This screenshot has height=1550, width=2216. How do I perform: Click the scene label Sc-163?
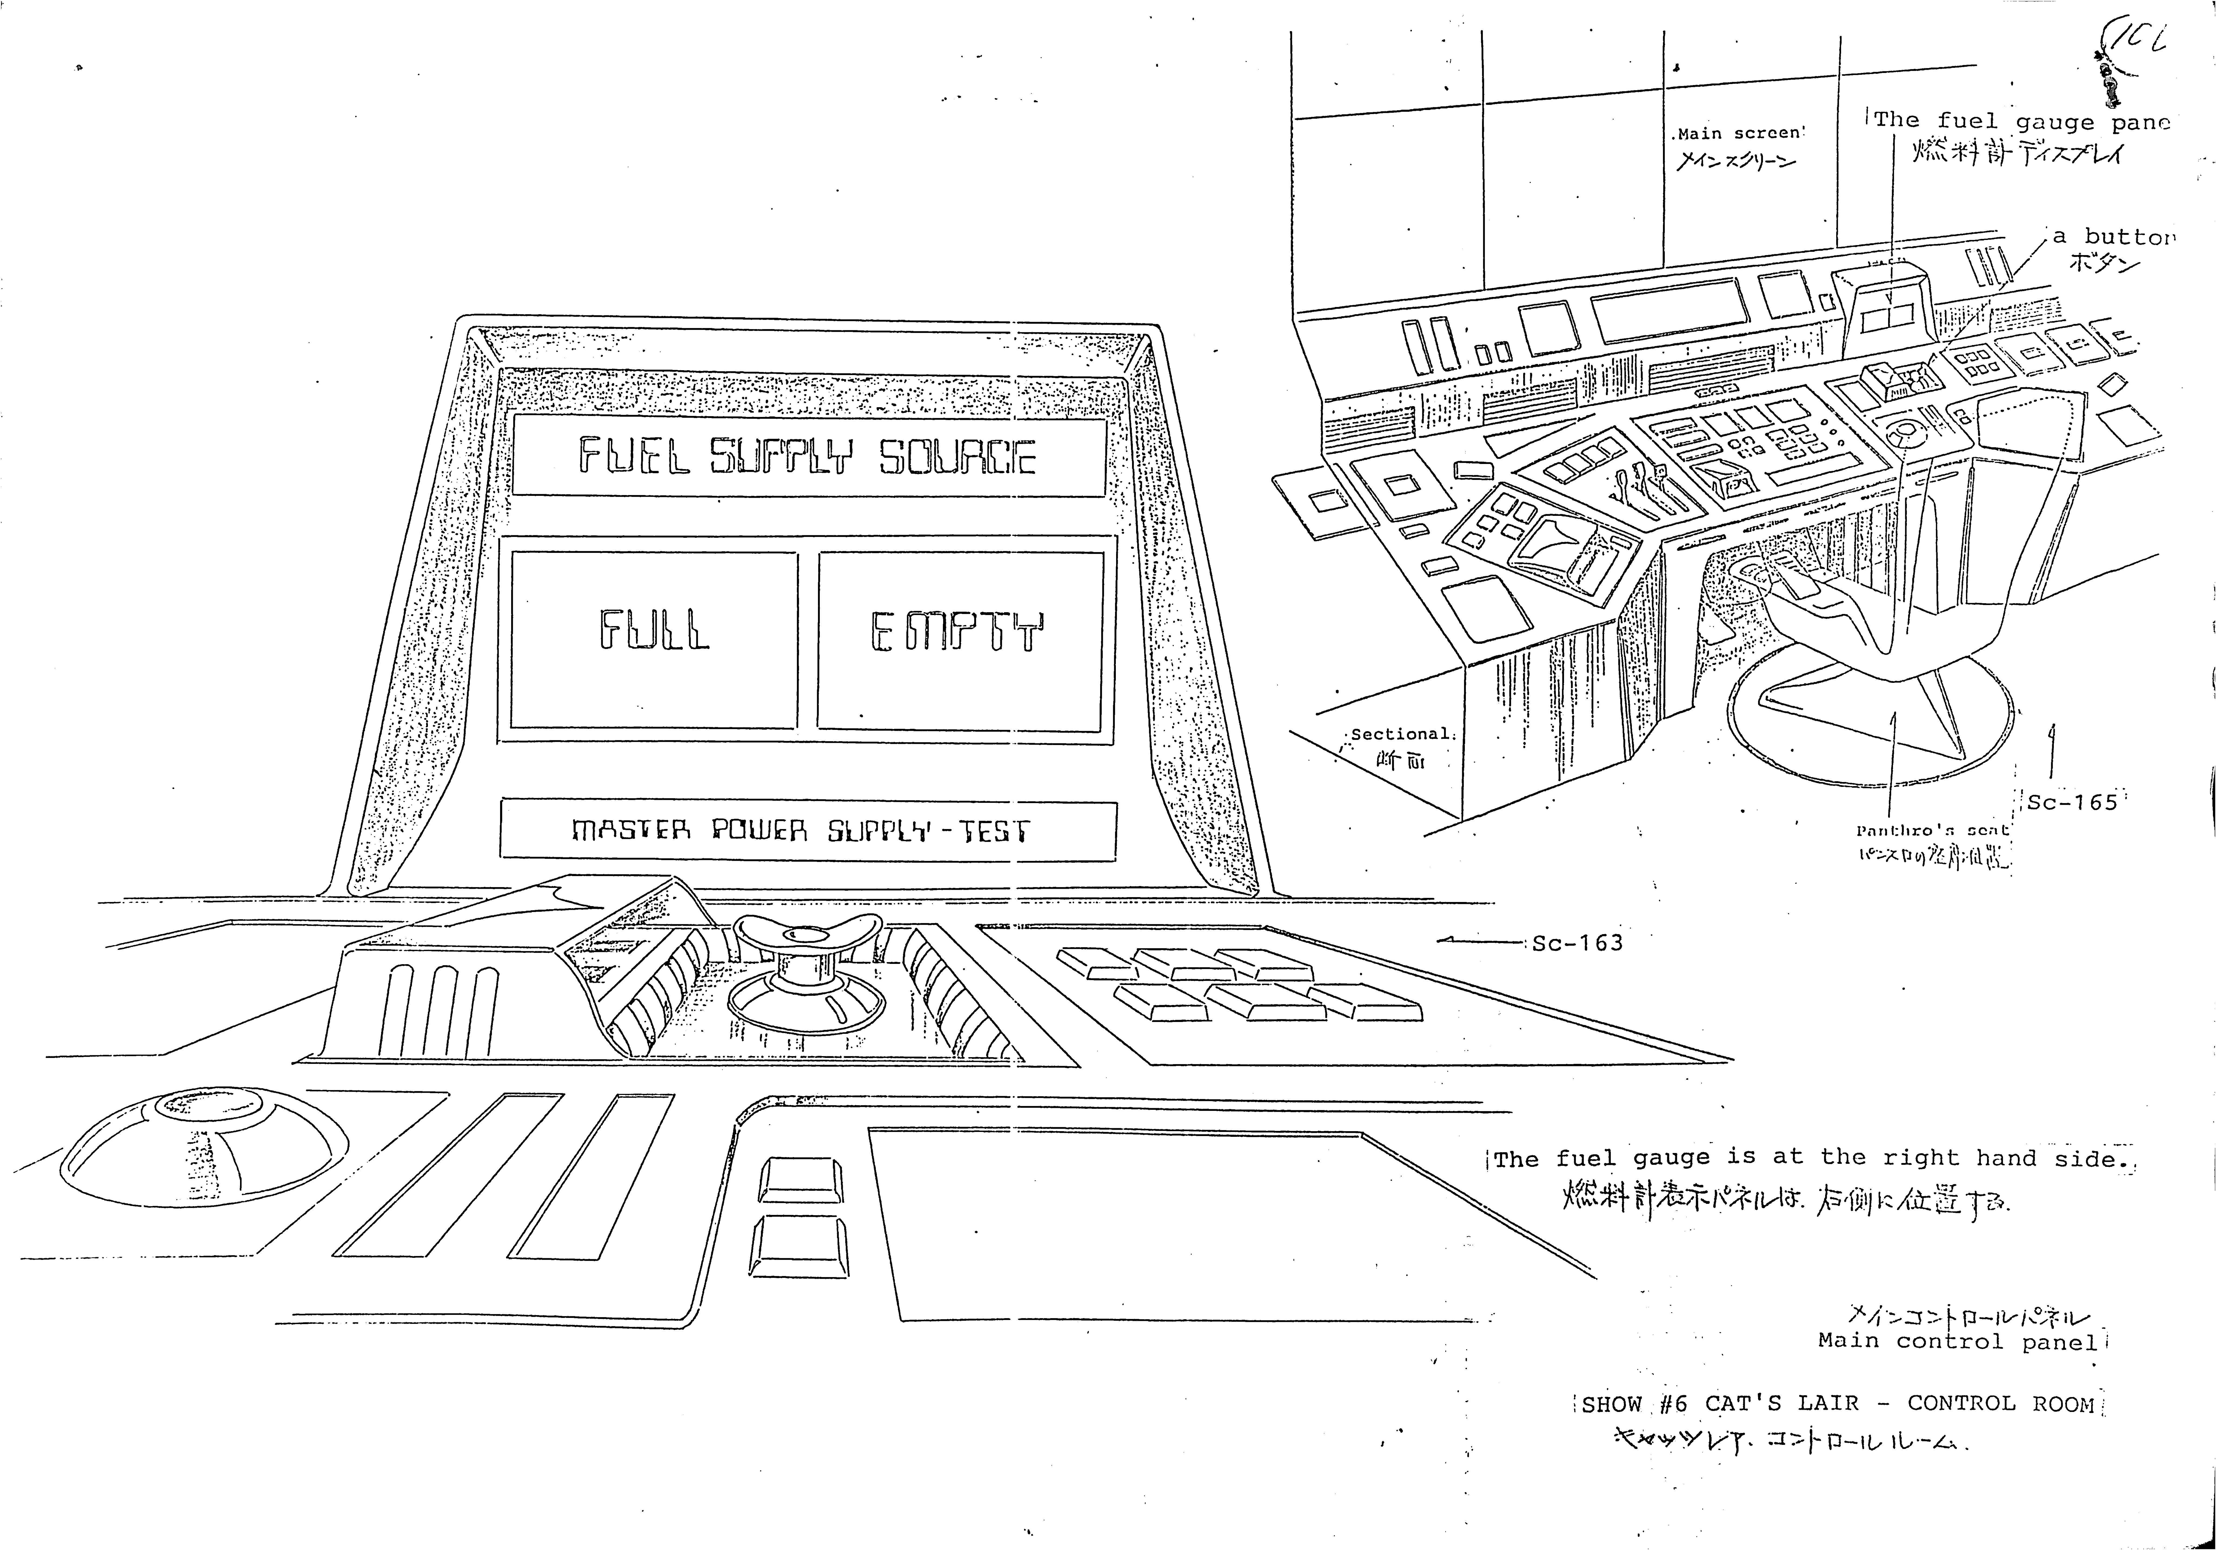[1577, 943]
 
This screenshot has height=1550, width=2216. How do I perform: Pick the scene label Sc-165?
[2071, 802]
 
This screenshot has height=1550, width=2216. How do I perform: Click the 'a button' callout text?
[2114, 236]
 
